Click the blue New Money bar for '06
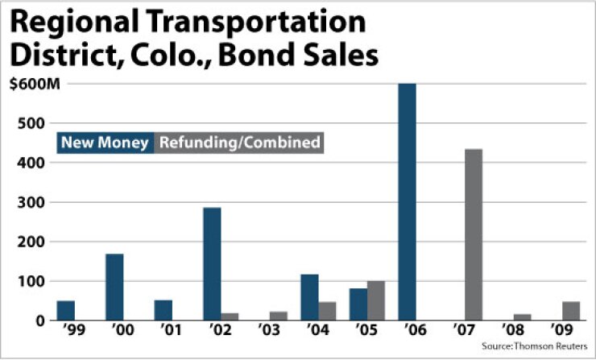(408, 201)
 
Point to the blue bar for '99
(66, 310)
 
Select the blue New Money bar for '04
(310, 297)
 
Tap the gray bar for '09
(571, 311)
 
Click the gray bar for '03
(279, 316)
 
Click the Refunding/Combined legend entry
(240, 143)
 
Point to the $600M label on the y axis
(29, 85)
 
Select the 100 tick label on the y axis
(29, 281)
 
